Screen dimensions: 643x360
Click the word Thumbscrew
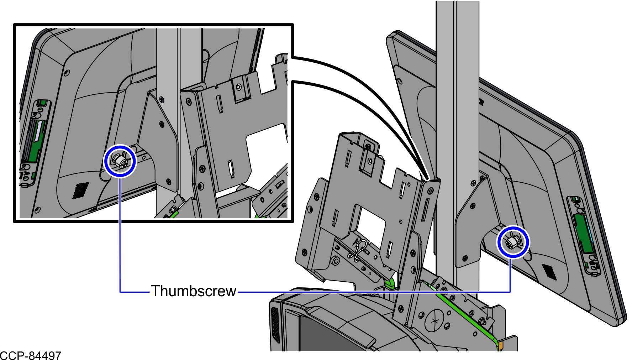pos(194,291)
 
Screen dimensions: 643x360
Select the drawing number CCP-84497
pos(31,355)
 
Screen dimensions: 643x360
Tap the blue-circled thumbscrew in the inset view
pos(120,161)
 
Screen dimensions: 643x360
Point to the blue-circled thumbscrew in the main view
pos(513,242)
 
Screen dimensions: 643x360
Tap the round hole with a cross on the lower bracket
pos(434,321)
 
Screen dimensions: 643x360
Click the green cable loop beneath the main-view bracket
pos(390,283)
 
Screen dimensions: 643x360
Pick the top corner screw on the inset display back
pos(67,73)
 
